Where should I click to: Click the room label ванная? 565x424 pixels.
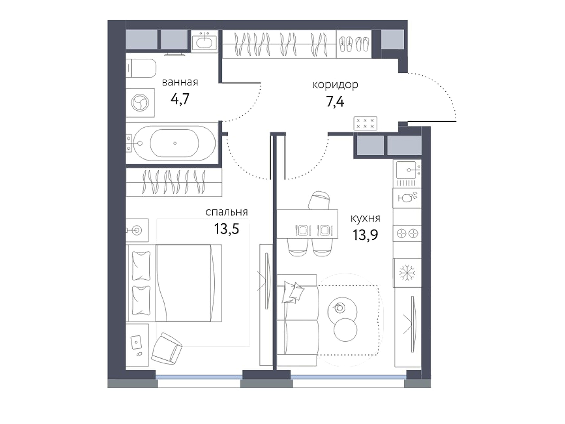[x=180, y=82]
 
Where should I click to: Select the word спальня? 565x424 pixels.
[x=227, y=212]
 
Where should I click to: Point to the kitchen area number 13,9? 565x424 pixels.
[x=365, y=235]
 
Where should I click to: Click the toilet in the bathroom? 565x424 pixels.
[x=141, y=68]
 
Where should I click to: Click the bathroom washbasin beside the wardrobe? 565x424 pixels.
[x=204, y=41]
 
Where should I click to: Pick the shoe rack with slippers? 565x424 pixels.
[x=354, y=44]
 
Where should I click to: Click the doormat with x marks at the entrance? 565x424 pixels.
[x=365, y=123]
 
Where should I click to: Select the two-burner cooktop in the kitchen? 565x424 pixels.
[x=407, y=234]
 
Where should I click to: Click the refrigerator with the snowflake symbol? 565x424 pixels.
[x=407, y=273]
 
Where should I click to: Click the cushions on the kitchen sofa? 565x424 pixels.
[x=293, y=292]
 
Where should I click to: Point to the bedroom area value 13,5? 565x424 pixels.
[x=227, y=229]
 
